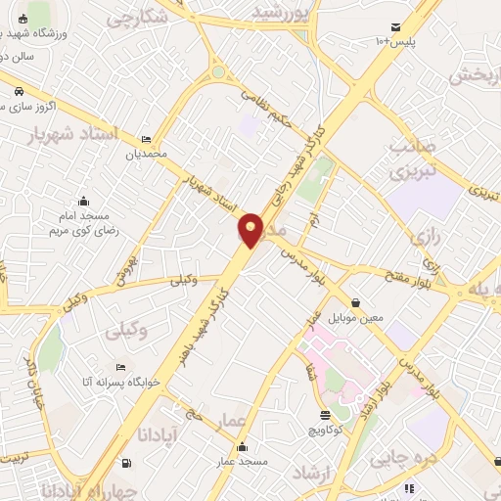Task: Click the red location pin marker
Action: pos(251,230)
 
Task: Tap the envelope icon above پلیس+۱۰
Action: pos(394,26)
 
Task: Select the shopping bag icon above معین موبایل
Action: pos(354,302)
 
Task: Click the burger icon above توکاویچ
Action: pos(325,415)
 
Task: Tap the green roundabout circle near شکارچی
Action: pos(218,71)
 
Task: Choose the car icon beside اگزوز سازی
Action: pos(19,92)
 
